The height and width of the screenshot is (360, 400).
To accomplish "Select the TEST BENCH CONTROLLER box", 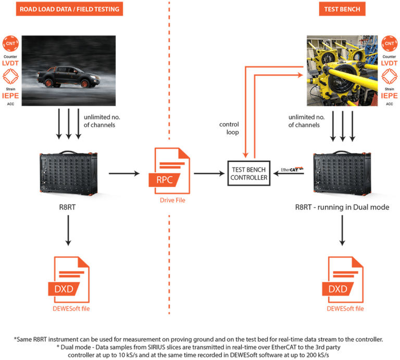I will coord(248,173).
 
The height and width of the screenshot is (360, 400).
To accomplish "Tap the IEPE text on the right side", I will coord(390,96).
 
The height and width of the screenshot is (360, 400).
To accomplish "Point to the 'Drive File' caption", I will coord(172,199).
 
